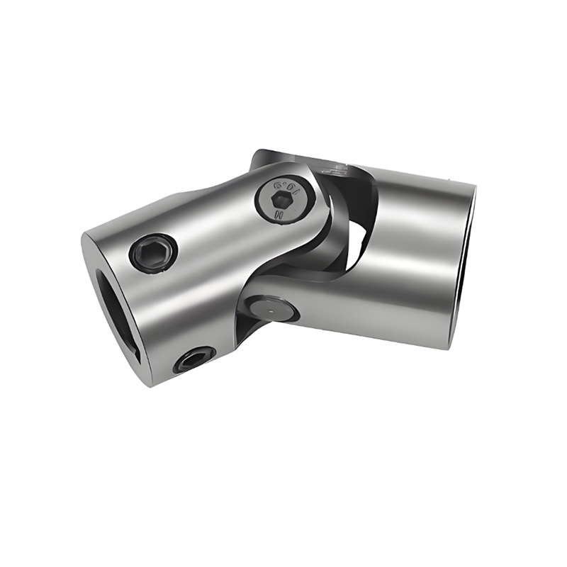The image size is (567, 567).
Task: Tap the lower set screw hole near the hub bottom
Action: click(x=193, y=361)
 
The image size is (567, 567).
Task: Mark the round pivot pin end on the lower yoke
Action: click(x=272, y=310)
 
